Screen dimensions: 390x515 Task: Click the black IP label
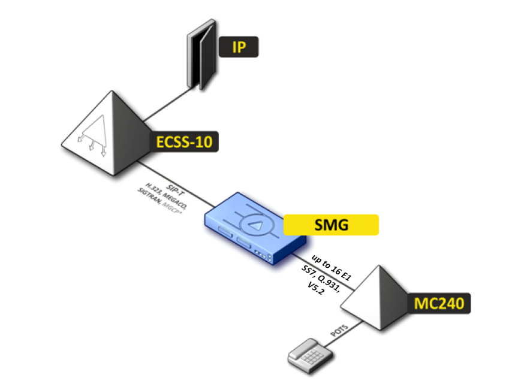(x=239, y=47)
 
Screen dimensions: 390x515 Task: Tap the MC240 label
(x=439, y=303)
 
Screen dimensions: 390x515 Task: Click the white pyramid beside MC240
(x=375, y=300)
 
